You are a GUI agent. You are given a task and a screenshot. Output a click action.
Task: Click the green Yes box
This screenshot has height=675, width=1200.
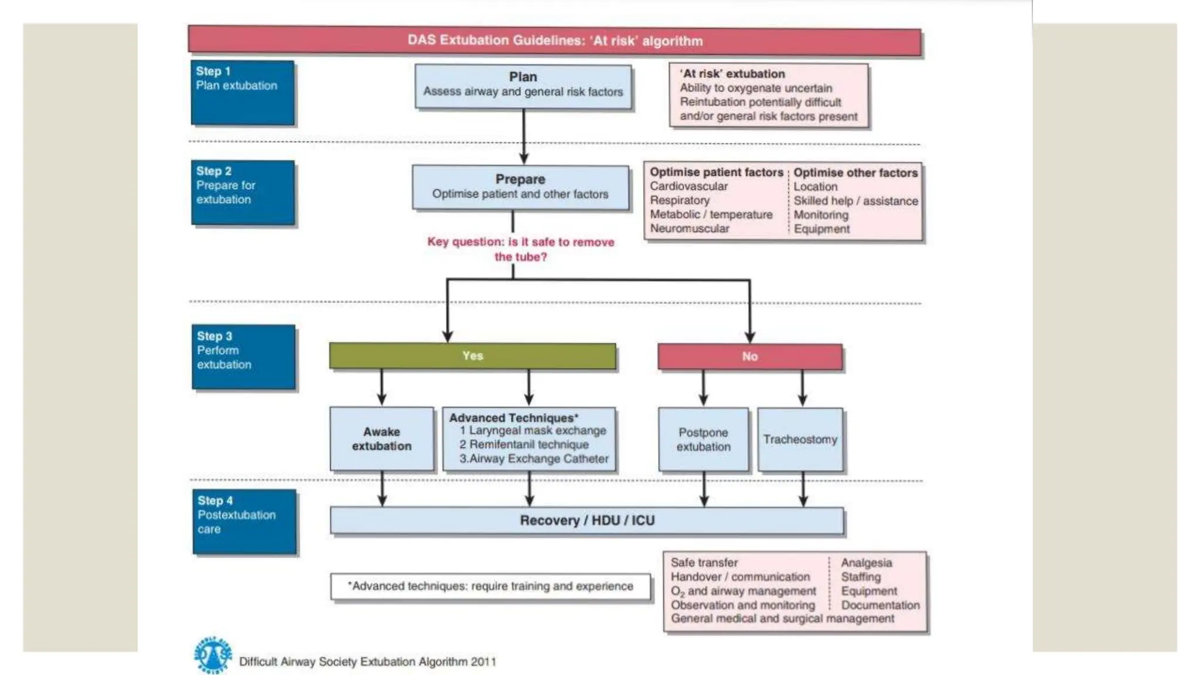(472, 356)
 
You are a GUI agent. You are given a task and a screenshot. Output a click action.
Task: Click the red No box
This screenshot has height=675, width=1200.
(749, 356)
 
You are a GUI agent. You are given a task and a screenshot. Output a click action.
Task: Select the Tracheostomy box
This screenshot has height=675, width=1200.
(800, 439)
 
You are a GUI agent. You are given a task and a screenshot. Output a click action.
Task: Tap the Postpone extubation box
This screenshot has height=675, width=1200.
(703, 439)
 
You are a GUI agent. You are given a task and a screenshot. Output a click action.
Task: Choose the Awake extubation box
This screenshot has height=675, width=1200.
(381, 439)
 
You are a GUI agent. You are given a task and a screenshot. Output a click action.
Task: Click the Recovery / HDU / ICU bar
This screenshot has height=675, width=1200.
(587, 520)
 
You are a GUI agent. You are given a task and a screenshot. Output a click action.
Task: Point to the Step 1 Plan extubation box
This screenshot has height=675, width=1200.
(243, 93)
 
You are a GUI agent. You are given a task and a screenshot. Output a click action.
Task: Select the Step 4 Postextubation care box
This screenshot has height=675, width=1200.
(244, 521)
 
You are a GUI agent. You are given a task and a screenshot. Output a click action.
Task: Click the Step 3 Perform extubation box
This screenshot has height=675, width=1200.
(243, 357)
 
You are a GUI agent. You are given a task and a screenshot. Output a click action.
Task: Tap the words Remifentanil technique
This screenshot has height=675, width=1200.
(529, 445)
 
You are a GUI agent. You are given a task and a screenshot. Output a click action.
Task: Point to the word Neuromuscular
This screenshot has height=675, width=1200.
(690, 229)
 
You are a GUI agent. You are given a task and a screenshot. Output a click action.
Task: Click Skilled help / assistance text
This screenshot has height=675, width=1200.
(855, 201)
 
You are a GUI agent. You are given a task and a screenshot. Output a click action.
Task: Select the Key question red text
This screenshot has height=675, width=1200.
(520, 249)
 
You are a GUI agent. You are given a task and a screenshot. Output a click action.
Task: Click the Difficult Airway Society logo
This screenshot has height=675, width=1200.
(212, 655)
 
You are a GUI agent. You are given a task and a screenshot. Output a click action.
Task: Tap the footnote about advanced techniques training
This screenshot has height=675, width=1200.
(490, 587)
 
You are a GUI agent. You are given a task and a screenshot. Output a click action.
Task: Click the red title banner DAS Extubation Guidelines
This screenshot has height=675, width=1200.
(554, 41)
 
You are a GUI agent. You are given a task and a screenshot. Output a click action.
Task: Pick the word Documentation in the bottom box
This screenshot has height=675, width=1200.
(880, 605)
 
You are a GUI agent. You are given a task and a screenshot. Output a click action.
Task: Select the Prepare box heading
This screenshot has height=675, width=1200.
(520, 179)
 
